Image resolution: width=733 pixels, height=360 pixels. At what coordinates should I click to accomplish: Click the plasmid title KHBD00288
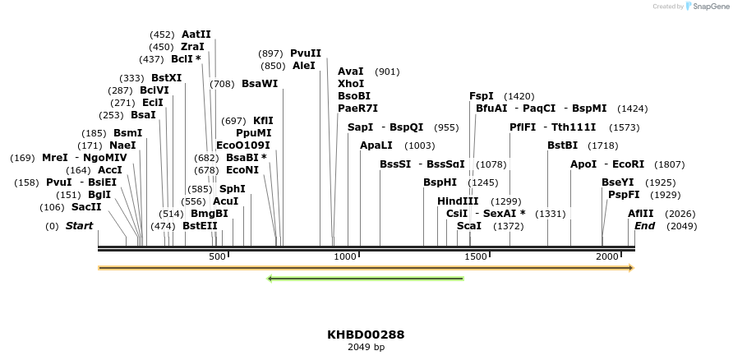[366, 335]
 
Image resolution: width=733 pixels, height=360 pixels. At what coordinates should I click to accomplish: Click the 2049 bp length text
[366, 348]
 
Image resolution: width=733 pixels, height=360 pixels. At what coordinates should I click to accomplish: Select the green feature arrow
[366, 279]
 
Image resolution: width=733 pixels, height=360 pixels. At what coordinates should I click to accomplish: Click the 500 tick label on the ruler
[217, 257]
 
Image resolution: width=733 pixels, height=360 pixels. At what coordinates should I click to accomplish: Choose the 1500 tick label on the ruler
[477, 257]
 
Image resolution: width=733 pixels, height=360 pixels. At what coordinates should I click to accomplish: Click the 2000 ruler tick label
[607, 257]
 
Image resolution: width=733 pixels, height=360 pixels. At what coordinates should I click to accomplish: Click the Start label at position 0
[80, 226]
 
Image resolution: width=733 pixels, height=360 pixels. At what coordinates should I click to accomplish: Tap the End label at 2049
[644, 226]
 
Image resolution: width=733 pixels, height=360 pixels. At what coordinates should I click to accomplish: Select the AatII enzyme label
[196, 35]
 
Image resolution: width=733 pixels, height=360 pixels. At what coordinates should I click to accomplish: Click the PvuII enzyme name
[306, 53]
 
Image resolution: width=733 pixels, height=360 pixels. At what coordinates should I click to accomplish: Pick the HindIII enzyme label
[458, 201]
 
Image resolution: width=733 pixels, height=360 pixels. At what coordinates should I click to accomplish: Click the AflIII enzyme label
[641, 214]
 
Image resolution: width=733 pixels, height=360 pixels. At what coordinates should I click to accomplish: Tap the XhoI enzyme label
[351, 84]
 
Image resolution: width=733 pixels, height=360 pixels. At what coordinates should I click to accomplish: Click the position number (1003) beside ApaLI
[420, 145]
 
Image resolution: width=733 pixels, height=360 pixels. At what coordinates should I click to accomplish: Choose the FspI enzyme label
[482, 96]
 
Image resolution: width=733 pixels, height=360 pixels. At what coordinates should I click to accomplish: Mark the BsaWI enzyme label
[260, 84]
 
